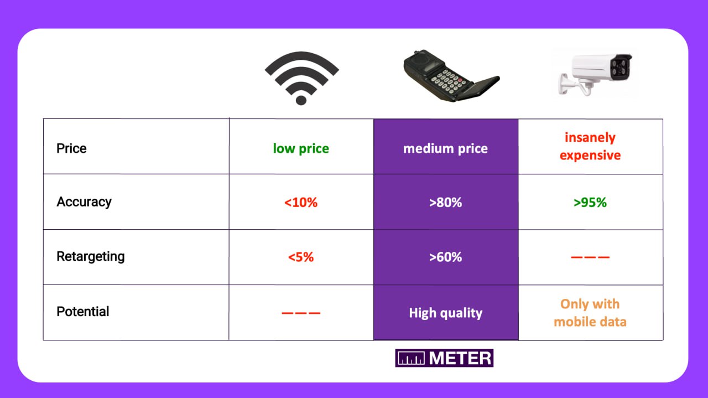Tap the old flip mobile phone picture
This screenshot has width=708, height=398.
click(x=451, y=76)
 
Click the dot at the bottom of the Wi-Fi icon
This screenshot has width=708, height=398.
click(x=301, y=100)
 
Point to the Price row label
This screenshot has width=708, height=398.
click(x=71, y=148)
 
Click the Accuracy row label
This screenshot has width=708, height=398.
click(x=84, y=202)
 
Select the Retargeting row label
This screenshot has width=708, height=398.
click(x=91, y=257)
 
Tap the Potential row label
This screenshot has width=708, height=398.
click(x=83, y=312)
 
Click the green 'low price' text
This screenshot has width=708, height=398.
click(x=301, y=148)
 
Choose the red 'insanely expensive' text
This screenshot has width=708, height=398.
click(x=590, y=146)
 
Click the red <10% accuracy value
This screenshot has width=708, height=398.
click(x=301, y=203)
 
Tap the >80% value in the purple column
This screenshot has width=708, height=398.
click(x=446, y=203)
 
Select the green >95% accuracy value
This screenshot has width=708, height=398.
click(x=590, y=203)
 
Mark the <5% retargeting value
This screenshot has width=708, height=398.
click(x=301, y=257)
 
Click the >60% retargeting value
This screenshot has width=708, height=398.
click(x=446, y=257)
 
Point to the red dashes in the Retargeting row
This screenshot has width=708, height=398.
click(x=590, y=257)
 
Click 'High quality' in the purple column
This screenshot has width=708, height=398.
click(x=446, y=313)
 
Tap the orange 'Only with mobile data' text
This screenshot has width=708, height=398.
click(x=590, y=313)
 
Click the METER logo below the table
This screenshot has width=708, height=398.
click(x=444, y=358)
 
